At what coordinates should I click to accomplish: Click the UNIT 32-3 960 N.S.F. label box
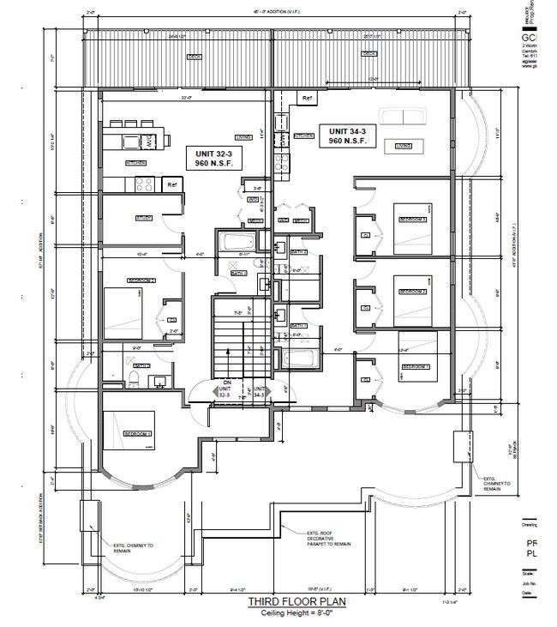pos(211,156)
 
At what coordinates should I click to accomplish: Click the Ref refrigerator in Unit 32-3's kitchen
pos(171,184)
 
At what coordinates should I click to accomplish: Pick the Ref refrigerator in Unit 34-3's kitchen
pos(306,99)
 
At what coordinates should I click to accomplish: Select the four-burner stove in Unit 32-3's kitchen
pos(142,183)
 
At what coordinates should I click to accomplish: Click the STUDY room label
pos(143,219)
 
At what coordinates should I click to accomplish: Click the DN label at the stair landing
pos(226,383)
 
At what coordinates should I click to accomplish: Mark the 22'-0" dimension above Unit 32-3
pos(185,98)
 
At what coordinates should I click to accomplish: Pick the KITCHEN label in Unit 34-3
pos(304,136)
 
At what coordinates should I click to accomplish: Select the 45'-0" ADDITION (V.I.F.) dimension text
pos(273,12)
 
